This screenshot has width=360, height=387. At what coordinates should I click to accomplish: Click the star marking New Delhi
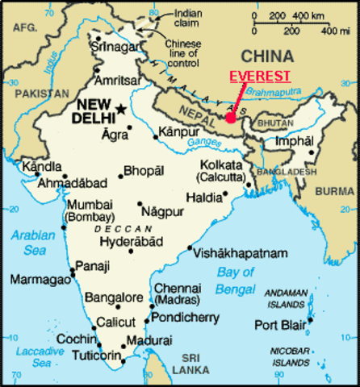pos(121,110)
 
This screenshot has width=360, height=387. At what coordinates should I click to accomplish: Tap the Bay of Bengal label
pos(237,279)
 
